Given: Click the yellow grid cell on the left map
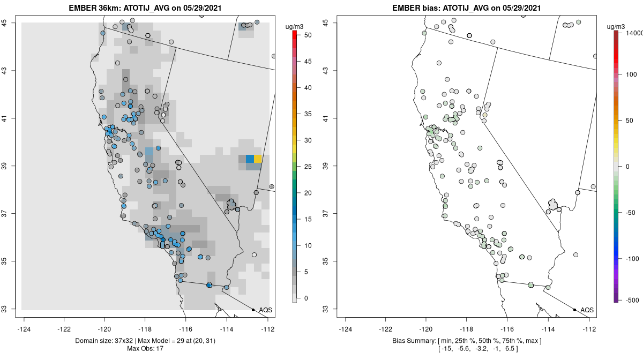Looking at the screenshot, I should pyautogui.click(x=258, y=159).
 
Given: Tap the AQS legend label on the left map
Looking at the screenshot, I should pyautogui.click(x=265, y=310).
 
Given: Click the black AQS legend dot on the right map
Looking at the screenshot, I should pyautogui.click(x=574, y=310).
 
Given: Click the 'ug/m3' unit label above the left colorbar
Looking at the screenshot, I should pyautogui.click(x=296, y=25).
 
